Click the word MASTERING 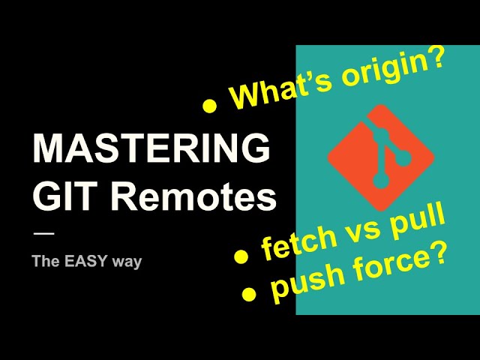[151, 148]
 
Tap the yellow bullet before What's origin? [210, 106]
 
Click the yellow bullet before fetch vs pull [241, 257]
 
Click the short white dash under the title [43, 234]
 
